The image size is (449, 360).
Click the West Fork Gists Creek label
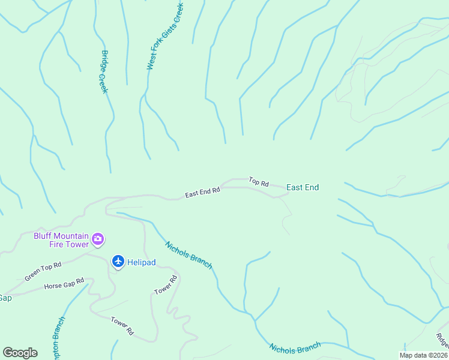[165, 36]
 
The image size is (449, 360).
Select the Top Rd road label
[259, 182]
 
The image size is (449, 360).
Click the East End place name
[303, 188]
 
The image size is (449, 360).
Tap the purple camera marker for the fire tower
[98, 240]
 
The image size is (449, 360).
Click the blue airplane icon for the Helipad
[118, 261]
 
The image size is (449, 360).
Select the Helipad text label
[142, 261]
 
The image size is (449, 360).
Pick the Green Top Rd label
[43, 272]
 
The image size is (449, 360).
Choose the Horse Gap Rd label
[64, 284]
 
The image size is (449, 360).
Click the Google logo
[20, 353]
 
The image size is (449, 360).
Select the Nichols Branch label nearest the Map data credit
[295, 347]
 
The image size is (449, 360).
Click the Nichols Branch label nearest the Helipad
[188, 255]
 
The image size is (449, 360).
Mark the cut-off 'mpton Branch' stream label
[59, 339]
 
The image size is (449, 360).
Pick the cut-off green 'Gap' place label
[5, 298]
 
